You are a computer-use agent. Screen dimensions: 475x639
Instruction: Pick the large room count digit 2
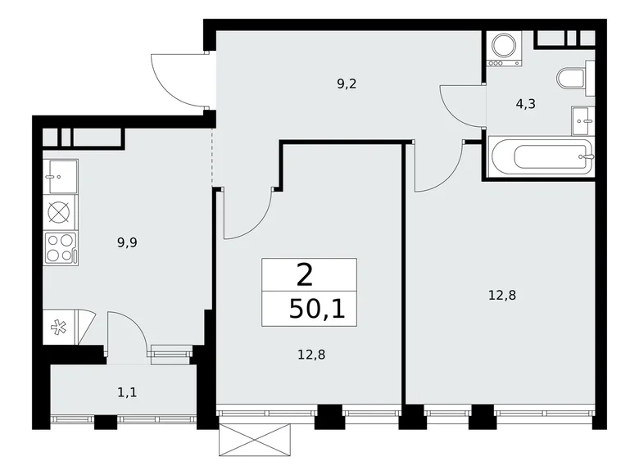(305, 274)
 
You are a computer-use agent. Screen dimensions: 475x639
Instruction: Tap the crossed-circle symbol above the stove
(60, 211)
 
